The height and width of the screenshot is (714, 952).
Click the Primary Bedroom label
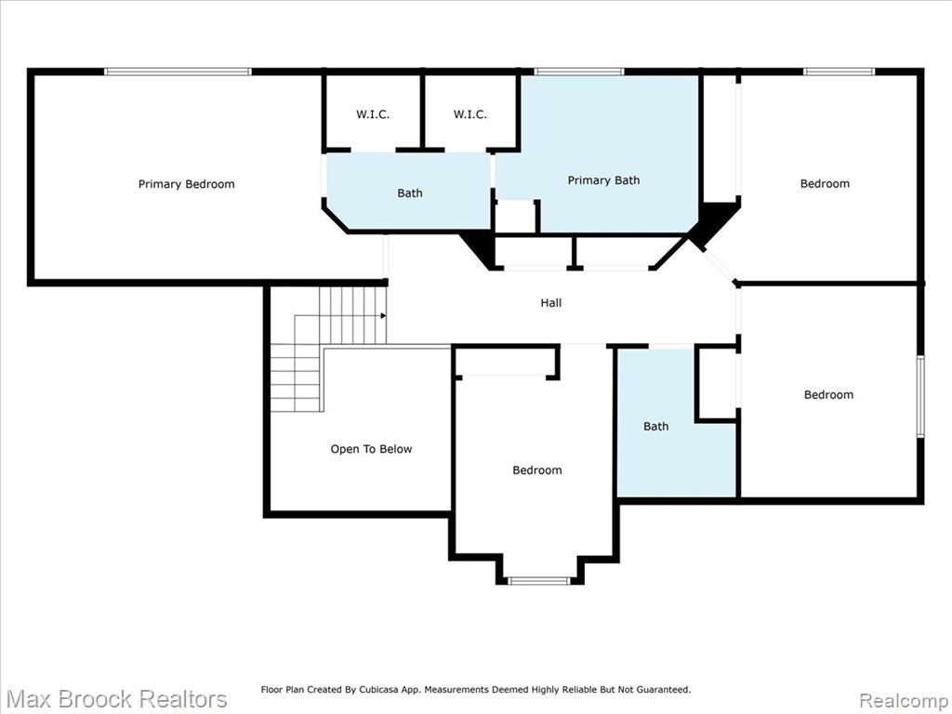[x=186, y=184]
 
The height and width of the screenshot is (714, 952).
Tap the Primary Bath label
[x=603, y=180]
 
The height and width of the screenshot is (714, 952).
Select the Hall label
[x=551, y=302]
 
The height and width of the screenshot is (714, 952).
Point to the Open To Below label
[x=371, y=449]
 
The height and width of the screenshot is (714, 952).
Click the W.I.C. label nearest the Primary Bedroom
[x=373, y=114]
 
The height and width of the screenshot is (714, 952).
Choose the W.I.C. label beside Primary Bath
[x=469, y=114]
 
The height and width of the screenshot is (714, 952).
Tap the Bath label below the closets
[x=410, y=193]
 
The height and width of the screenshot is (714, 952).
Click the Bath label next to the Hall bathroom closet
[x=655, y=426]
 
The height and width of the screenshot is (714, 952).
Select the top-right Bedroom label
[x=825, y=183]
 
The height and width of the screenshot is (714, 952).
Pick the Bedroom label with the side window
[x=828, y=394]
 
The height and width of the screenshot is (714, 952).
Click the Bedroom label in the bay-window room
[x=536, y=469]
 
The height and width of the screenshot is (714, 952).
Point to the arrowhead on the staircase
[x=383, y=316]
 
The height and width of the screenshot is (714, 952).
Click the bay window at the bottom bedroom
[x=538, y=581]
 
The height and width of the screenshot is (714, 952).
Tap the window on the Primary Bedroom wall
[x=178, y=72]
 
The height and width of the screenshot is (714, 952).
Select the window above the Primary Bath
[x=579, y=72]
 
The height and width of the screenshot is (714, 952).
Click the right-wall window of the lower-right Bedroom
[x=920, y=396]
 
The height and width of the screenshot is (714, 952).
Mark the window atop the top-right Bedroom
[x=840, y=72]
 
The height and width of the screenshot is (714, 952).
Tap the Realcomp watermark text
[x=905, y=700]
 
